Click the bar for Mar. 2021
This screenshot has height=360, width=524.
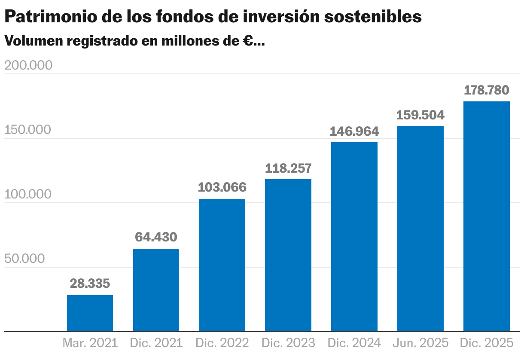[90, 313]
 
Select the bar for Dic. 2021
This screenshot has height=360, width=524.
[156, 290]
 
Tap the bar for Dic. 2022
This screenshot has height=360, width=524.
[222, 265]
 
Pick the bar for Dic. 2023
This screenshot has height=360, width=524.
[288, 255]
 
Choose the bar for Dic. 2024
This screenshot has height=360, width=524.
[354, 237]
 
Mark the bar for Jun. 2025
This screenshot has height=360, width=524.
[420, 229]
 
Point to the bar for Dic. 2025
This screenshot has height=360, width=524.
[487, 216]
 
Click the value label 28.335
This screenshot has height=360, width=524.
[90, 284]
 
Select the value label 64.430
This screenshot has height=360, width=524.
[156, 237]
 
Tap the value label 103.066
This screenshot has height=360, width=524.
[222, 187]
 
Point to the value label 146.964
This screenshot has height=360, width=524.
[354, 131]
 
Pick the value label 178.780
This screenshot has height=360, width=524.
[487, 90]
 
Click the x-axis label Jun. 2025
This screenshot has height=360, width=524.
[420, 343]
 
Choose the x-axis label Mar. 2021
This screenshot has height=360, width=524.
[90, 343]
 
